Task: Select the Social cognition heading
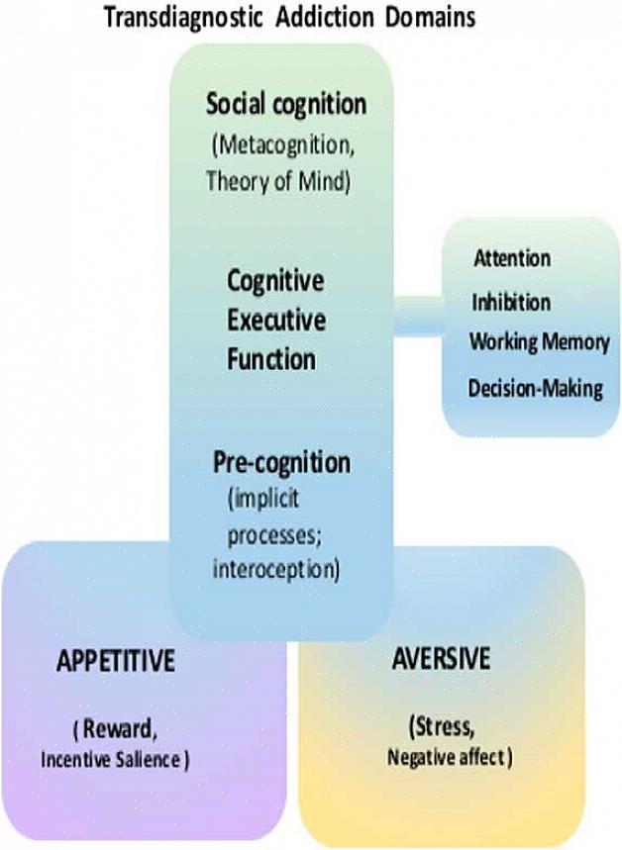[286, 103]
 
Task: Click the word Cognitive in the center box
[275, 281]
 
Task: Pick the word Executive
[276, 321]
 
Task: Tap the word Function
[271, 359]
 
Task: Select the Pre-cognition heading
[281, 461]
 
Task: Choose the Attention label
[511, 258]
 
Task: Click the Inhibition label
[511, 302]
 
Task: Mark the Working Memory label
[539, 342]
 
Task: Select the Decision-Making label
[535, 387]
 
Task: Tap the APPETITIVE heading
[116, 661]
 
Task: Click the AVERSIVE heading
[441, 658]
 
